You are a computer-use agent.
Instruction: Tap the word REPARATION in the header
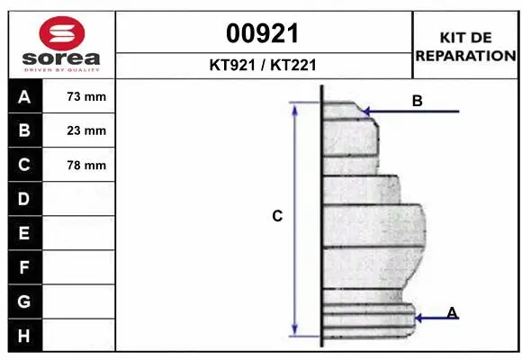point(465,55)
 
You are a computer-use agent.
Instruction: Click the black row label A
point(23,96)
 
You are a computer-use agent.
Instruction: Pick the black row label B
point(23,130)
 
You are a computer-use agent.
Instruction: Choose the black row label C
point(23,165)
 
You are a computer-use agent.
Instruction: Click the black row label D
point(23,199)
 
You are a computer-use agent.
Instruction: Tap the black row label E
point(23,233)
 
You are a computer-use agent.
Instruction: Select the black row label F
point(23,267)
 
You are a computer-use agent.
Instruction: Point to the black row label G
point(23,301)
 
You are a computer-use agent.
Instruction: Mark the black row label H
point(23,336)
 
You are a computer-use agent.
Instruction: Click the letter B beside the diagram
point(417,101)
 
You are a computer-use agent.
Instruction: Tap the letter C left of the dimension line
point(277,216)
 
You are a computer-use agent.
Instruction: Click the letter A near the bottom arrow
point(452,312)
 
